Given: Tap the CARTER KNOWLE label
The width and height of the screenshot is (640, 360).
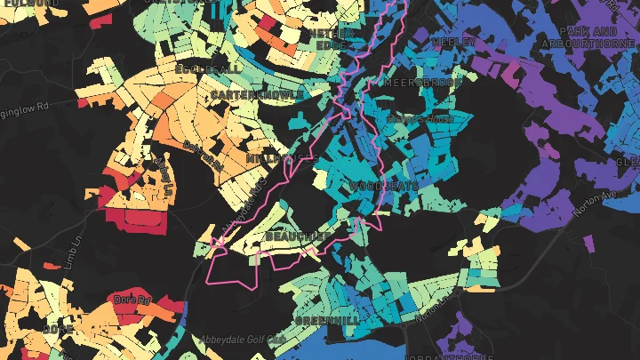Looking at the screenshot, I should pos(257,93).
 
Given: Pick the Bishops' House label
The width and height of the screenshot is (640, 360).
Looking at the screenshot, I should pos(421,118).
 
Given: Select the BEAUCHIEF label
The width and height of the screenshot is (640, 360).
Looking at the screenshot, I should pos(298,236).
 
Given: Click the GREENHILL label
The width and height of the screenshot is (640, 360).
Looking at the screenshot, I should pos(327,319).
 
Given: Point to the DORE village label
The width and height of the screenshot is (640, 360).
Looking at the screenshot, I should pos(57,329).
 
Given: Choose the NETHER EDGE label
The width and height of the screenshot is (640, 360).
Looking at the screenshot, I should pos(330,37).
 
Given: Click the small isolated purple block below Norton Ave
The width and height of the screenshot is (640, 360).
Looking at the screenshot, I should pos(590,241).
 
